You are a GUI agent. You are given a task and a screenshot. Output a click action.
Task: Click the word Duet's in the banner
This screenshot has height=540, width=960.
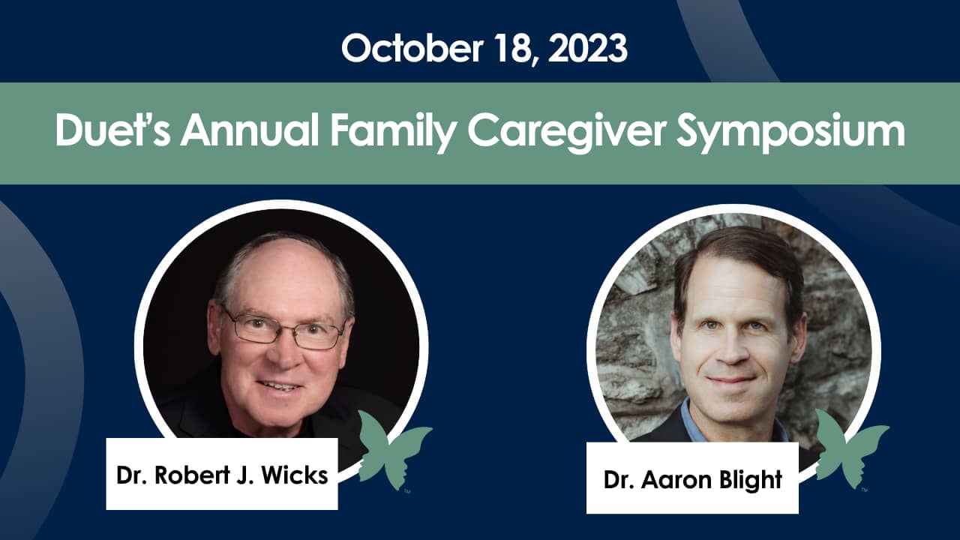pos(111,133)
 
